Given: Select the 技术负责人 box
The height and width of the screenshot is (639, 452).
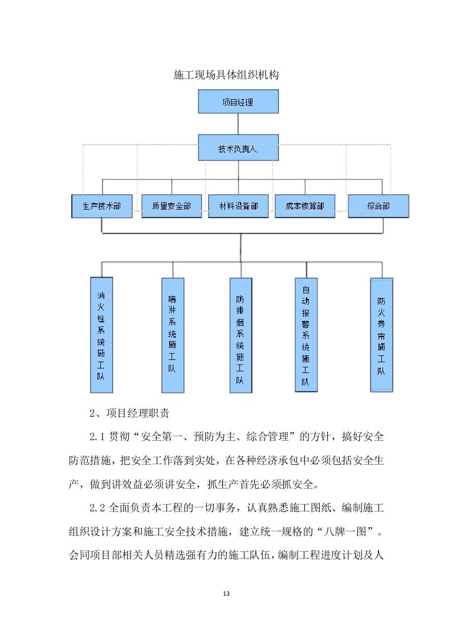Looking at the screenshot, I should click(x=238, y=149).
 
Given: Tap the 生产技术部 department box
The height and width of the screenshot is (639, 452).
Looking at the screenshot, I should click(x=101, y=206).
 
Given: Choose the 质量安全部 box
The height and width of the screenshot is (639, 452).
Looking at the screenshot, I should click(x=172, y=206).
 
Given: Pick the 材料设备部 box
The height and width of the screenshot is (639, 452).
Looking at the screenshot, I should click(x=238, y=206).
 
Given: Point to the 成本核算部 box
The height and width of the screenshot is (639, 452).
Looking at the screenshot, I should click(x=305, y=206).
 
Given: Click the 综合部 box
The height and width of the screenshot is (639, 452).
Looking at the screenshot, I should click(x=378, y=206).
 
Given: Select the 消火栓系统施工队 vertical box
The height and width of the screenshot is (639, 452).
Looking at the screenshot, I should click(x=101, y=335).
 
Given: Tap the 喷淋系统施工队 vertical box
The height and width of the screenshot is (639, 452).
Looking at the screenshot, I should click(x=173, y=335).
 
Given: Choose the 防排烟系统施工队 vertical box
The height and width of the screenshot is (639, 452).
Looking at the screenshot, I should click(x=241, y=335).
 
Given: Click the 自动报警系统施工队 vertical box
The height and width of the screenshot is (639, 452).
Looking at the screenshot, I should click(x=306, y=335).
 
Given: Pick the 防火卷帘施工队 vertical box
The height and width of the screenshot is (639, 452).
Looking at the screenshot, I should click(x=381, y=335).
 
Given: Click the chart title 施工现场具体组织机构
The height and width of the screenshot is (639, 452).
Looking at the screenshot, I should click(x=226, y=75).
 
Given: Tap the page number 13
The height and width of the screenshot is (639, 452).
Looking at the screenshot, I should click(x=226, y=594).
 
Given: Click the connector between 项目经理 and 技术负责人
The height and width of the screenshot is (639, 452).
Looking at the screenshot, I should click(x=238, y=124).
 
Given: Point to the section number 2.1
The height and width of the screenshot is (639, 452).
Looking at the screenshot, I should click(x=98, y=437).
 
